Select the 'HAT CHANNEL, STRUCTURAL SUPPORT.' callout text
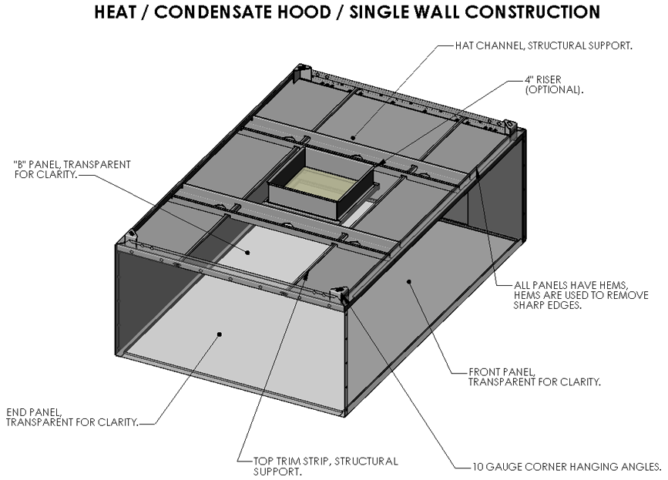(543, 45)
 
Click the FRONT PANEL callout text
(534, 376)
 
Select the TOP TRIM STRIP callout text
(326, 465)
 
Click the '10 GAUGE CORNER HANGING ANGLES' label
(567, 466)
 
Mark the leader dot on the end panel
(220, 334)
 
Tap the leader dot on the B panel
(248, 252)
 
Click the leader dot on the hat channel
(354, 138)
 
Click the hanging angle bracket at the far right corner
(509, 124)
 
